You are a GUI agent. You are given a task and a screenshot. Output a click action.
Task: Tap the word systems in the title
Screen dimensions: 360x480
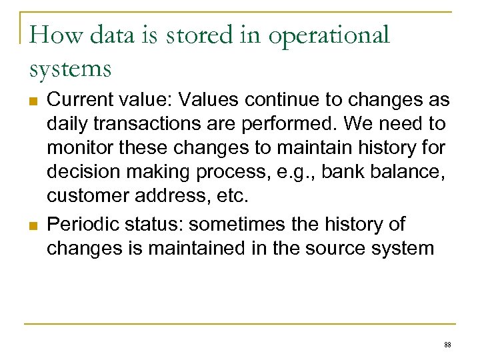(x=70, y=69)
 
